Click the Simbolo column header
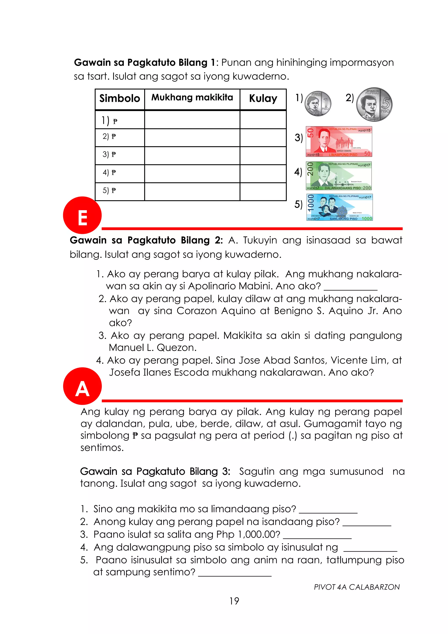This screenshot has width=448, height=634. [120, 99]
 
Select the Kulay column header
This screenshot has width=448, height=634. [263, 99]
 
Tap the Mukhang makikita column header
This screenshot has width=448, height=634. [192, 97]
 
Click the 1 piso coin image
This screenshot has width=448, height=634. [318, 104]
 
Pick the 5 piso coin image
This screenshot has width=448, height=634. [374, 105]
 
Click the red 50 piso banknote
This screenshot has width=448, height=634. [339, 142]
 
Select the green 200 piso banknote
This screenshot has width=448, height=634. [339, 176]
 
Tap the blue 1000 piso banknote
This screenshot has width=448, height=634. [339, 207]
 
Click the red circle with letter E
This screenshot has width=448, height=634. [82, 215]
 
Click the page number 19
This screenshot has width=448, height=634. [234, 601]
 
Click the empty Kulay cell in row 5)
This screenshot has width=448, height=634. [263, 192]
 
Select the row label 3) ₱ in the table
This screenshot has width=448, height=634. [109, 154]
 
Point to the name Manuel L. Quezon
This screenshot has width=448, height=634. [152, 348]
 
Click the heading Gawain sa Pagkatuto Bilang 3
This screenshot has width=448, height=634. [155, 471]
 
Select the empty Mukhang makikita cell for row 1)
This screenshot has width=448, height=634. [192, 120]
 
